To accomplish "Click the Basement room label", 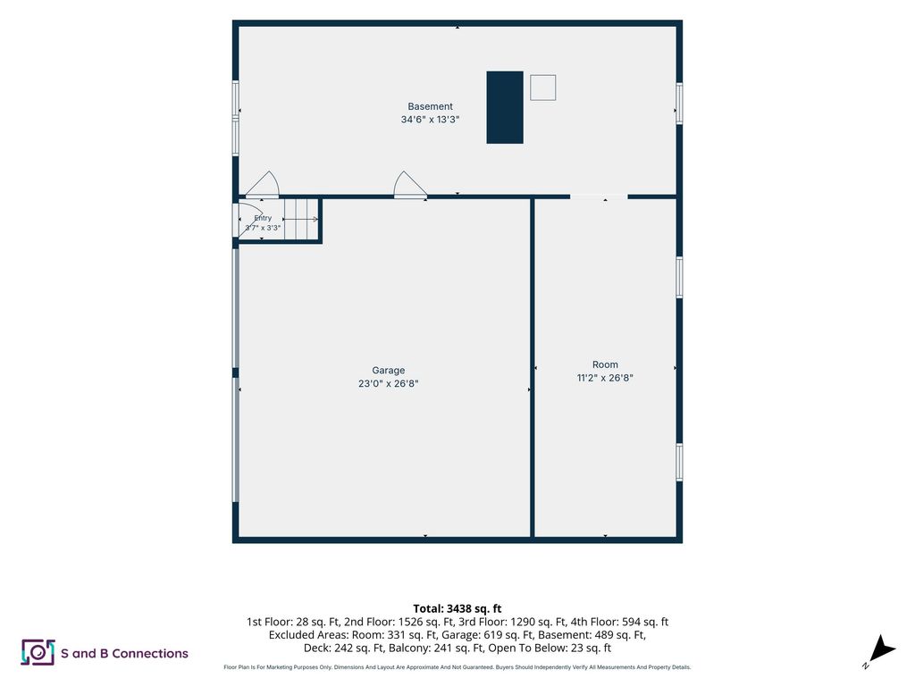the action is tap(430, 106).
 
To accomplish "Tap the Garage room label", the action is tap(388, 370).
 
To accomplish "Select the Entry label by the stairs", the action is tap(263, 218).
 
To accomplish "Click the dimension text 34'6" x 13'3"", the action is tap(430, 120).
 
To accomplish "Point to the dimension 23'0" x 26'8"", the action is tap(388, 383).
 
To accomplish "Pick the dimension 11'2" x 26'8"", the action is tap(605, 378).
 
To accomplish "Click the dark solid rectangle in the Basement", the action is tap(505, 107).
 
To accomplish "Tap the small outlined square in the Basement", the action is tap(542, 88).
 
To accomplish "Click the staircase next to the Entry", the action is tap(301, 219).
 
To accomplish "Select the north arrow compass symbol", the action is tap(880, 651).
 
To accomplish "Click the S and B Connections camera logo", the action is tap(38, 652).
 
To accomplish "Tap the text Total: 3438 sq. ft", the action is tap(457, 609).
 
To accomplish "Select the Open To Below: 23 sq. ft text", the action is tap(550, 648).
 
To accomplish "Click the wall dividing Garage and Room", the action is tap(533, 367).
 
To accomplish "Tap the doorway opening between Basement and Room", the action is tap(599, 197).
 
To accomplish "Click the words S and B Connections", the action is tap(124, 653).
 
